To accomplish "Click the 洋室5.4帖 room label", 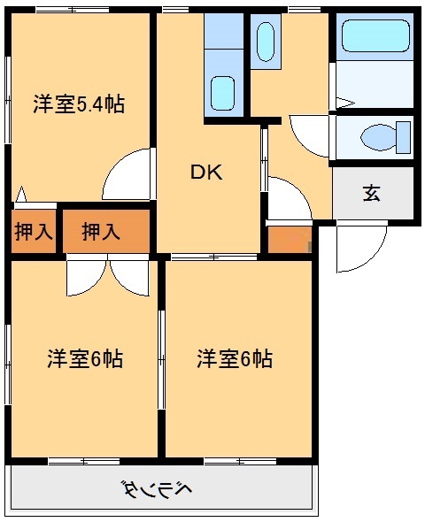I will click(78, 104).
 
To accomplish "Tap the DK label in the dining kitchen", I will click(208, 172).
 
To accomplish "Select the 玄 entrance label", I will click(372, 193).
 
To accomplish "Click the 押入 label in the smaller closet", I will click(34, 233).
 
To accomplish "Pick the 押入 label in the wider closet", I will click(101, 233).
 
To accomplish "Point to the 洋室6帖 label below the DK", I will click(235, 359).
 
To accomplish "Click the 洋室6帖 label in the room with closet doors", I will click(84, 359).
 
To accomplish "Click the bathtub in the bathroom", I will click(375, 37).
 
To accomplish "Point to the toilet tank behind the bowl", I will click(404, 137).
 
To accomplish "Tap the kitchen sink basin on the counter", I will click(223, 92).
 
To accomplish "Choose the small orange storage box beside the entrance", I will click(289, 239).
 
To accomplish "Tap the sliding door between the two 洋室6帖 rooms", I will click(161, 358).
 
